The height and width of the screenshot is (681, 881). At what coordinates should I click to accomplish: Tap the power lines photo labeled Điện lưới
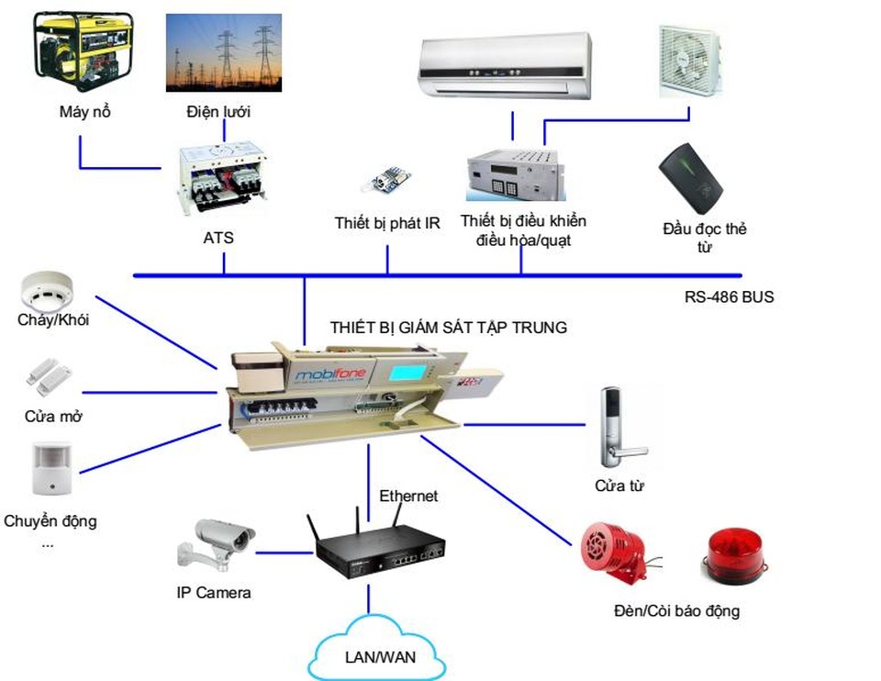coord(223,52)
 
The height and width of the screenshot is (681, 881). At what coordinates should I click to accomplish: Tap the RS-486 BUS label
coord(729,296)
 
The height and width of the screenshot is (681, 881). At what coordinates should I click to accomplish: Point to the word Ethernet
coord(408,496)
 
